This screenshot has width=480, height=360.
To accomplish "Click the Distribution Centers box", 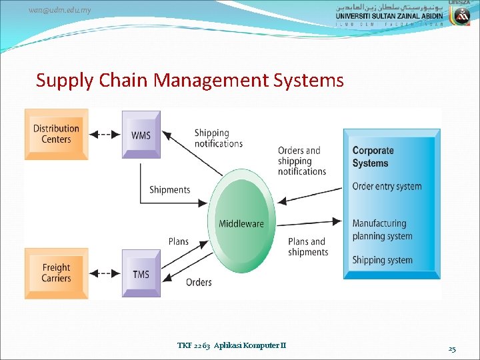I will click(x=56, y=134).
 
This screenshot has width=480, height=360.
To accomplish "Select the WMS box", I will click(x=141, y=135).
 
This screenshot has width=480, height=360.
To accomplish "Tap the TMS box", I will click(x=141, y=274).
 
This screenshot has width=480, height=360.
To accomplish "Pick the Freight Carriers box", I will click(x=56, y=273).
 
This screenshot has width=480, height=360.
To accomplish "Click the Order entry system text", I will click(x=387, y=186).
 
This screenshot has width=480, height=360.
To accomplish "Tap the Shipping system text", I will click(x=382, y=260).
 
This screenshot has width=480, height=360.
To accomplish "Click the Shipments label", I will click(x=169, y=190).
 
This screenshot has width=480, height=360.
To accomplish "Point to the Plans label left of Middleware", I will click(x=178, y=241).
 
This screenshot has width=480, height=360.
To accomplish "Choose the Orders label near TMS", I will click(x=199, y=282).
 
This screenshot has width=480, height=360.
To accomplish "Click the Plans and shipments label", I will click(x=308, y=247).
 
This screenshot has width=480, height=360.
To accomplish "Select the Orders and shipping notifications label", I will click(x=301, y=161).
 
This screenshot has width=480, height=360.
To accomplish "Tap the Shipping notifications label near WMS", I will click(x=218, y=138).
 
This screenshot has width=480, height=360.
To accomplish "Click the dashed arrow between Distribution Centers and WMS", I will click(x=105, y=135).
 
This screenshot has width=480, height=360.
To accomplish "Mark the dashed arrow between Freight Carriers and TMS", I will click(x=105, y=273).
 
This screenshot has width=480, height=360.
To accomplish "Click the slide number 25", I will click(x=451, y=349).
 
